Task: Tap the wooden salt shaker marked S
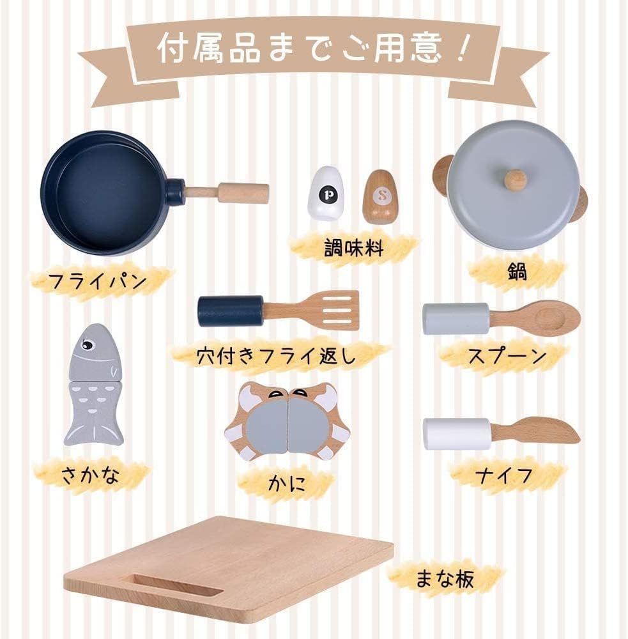(381, 197)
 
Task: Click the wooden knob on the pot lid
(515, 180)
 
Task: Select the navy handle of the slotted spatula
(231, 311)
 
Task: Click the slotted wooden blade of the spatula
(332, 310)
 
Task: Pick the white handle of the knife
(457, 433)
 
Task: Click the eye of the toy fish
(87, 345)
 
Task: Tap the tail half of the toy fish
(94, 412)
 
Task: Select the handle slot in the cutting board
(178, 585)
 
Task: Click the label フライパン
(97, 281)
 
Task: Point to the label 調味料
(354, 248)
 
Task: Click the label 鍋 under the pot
(517, 272)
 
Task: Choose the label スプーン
(507, 355)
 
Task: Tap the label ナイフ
(503, 475)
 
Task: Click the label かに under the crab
(287, 482)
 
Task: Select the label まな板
(444, 578)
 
